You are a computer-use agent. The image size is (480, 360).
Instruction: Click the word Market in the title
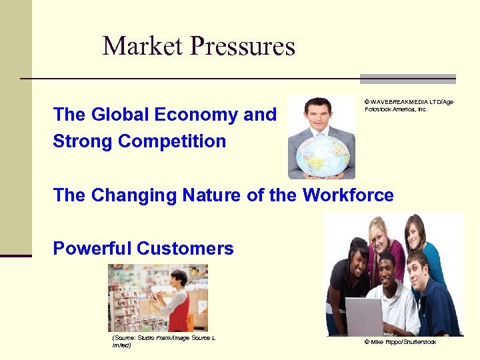click(143, 47)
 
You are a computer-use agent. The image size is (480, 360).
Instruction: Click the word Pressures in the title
click(243, 47)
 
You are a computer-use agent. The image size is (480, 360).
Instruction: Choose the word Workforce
click(348, 195)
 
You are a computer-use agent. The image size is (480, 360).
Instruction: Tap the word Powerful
click(92, 249)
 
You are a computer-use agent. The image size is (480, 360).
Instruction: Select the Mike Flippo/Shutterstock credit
click(400, 342)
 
